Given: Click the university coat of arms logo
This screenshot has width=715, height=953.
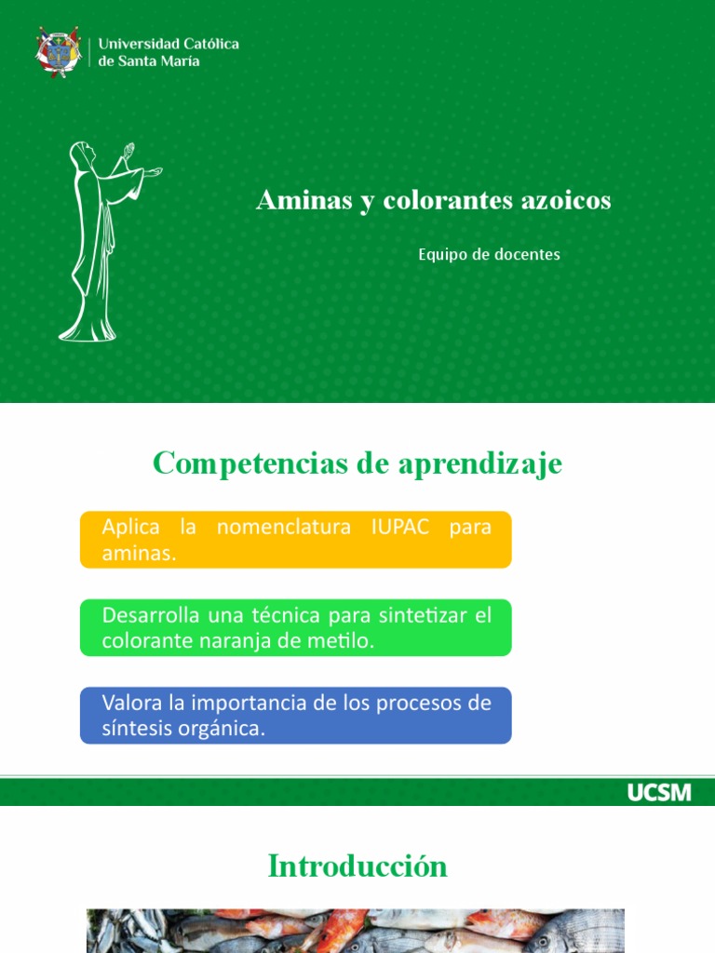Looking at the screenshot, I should coord(58,52).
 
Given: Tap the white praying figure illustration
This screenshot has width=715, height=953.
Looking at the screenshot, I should coord(101,240).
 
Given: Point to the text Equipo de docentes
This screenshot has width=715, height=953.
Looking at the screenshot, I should coord(489,254).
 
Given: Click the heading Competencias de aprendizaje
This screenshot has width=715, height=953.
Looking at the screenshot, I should coord(357,463).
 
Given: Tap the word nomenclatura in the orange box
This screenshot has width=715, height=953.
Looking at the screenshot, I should coord(283,528).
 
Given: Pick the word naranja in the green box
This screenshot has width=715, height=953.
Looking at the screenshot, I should coord(241,641).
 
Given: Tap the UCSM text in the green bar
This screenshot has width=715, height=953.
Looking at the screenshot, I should coord(659,792).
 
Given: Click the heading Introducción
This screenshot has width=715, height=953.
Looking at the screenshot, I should coord(357,866).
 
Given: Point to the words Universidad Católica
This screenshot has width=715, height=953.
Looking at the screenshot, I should coord(169,44).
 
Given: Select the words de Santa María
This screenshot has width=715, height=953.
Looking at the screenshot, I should coord(149,61).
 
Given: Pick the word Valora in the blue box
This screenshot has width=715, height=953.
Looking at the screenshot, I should coord(130,703).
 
